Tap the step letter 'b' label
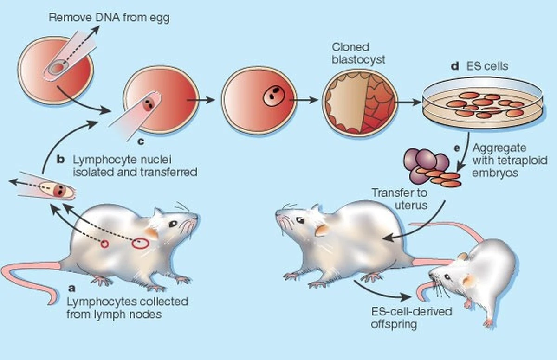coord(60,160)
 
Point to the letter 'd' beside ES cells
coord(455,66)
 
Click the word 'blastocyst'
coord(358,59)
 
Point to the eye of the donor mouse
coord(173,224)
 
